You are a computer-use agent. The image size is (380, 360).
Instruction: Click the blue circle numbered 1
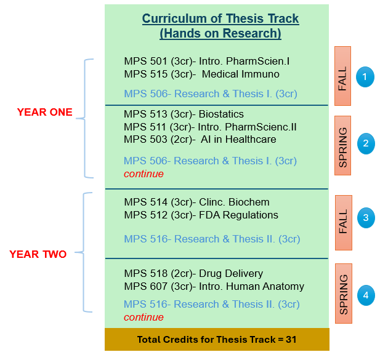pos(365,77)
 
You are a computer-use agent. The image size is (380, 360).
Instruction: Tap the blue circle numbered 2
pos(366,143)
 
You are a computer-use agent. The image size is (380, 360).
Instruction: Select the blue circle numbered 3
pos(366,218)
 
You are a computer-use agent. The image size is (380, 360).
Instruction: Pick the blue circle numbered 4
pos(366,295)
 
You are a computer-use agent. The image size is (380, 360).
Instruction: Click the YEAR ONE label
pos(45,112)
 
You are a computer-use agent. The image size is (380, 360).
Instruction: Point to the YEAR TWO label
pos(38,254)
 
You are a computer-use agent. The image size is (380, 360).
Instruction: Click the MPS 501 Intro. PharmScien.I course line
pos(207,62)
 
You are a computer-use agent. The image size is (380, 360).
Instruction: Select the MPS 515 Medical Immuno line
pos(201,74)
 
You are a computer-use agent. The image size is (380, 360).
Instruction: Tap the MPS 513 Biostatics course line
pos(184,114)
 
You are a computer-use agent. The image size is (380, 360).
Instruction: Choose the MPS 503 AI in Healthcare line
pos(200,140)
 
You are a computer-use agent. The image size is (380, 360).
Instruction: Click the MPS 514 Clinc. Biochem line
pos(197,202)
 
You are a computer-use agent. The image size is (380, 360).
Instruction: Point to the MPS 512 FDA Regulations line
pos(201,215)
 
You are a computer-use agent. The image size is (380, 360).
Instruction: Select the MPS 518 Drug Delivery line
pos(193,274)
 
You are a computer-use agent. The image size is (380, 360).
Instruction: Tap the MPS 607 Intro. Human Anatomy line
pos(214,286)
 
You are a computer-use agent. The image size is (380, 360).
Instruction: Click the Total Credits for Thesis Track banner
pos(217,340)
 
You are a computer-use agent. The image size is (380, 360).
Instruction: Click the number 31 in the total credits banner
pos(291,340)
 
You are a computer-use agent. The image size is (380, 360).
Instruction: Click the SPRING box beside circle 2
pos(342,145)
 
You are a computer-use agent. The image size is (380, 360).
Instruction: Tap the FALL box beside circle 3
pos(344,223)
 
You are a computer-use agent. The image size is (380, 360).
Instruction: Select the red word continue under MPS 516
pos(144,318)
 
